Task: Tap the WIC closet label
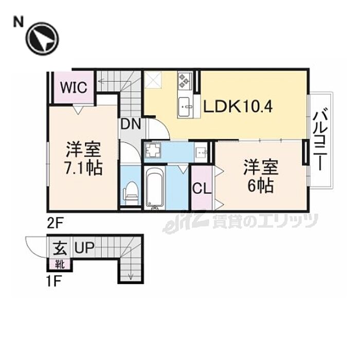tap(75, 86)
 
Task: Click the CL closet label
tap(202, 188)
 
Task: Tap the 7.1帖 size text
tap(83, 167)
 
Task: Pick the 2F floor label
tap(55, 223)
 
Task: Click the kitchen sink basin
tap(185, 107)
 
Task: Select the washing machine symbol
tap(152, 151)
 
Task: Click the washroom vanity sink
tap(202, 151)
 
